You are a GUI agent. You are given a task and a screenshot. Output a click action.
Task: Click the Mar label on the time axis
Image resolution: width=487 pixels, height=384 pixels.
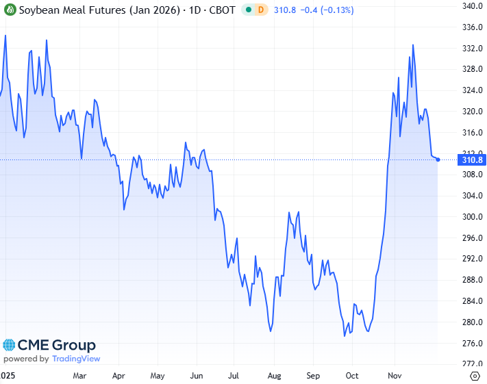[79, 376]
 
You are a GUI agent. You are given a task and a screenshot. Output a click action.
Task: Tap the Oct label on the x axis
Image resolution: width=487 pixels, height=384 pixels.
[352, 376]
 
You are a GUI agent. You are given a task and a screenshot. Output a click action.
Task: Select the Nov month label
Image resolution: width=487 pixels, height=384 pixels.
[394, 376]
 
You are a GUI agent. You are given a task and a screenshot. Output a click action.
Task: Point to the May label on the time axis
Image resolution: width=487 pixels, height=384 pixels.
[158, 376]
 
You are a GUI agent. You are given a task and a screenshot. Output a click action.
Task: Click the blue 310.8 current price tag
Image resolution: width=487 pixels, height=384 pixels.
[473, 160]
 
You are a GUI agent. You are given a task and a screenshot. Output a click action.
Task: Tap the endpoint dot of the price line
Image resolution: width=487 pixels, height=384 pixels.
[438, 159]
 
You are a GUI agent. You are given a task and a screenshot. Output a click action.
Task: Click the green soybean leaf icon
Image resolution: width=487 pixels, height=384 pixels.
[10, 11]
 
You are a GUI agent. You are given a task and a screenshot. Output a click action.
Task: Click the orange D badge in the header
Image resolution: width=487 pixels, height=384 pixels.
[260, 11]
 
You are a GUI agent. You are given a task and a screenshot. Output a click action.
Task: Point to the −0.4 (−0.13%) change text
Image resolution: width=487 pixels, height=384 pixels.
[321, 11]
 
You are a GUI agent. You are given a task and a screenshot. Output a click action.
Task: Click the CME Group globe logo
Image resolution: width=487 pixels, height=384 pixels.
[9, 346]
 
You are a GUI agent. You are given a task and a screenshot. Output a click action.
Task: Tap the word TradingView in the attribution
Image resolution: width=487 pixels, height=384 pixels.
[76, 359]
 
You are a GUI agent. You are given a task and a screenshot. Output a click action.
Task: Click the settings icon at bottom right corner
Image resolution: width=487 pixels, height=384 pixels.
[475, 376]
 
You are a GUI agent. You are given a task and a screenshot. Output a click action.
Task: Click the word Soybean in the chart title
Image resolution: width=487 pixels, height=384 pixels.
[38, 11]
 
